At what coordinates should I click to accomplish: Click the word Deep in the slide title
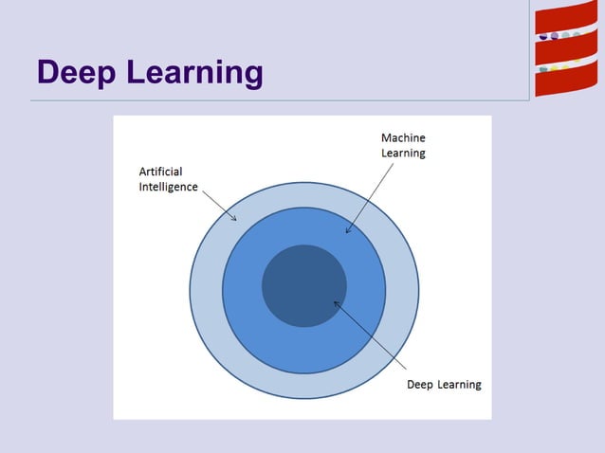click(75, 72)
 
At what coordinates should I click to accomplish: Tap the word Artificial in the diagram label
click(160, 172)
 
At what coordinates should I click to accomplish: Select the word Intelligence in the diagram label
click(168, 187)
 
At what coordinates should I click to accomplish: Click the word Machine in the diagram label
click(403, 138)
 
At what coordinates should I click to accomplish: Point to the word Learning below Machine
click(403, 154)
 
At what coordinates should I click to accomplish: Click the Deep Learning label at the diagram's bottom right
click(444, 385)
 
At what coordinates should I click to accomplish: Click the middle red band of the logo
click(565, 52)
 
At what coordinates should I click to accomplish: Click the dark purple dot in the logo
click(543, 36)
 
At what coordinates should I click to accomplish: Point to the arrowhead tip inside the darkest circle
click(334, 302)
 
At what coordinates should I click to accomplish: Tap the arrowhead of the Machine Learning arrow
click(347, 231)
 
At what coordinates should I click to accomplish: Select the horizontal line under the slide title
click(275, 100)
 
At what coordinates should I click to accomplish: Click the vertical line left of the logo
click(529, 47)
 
